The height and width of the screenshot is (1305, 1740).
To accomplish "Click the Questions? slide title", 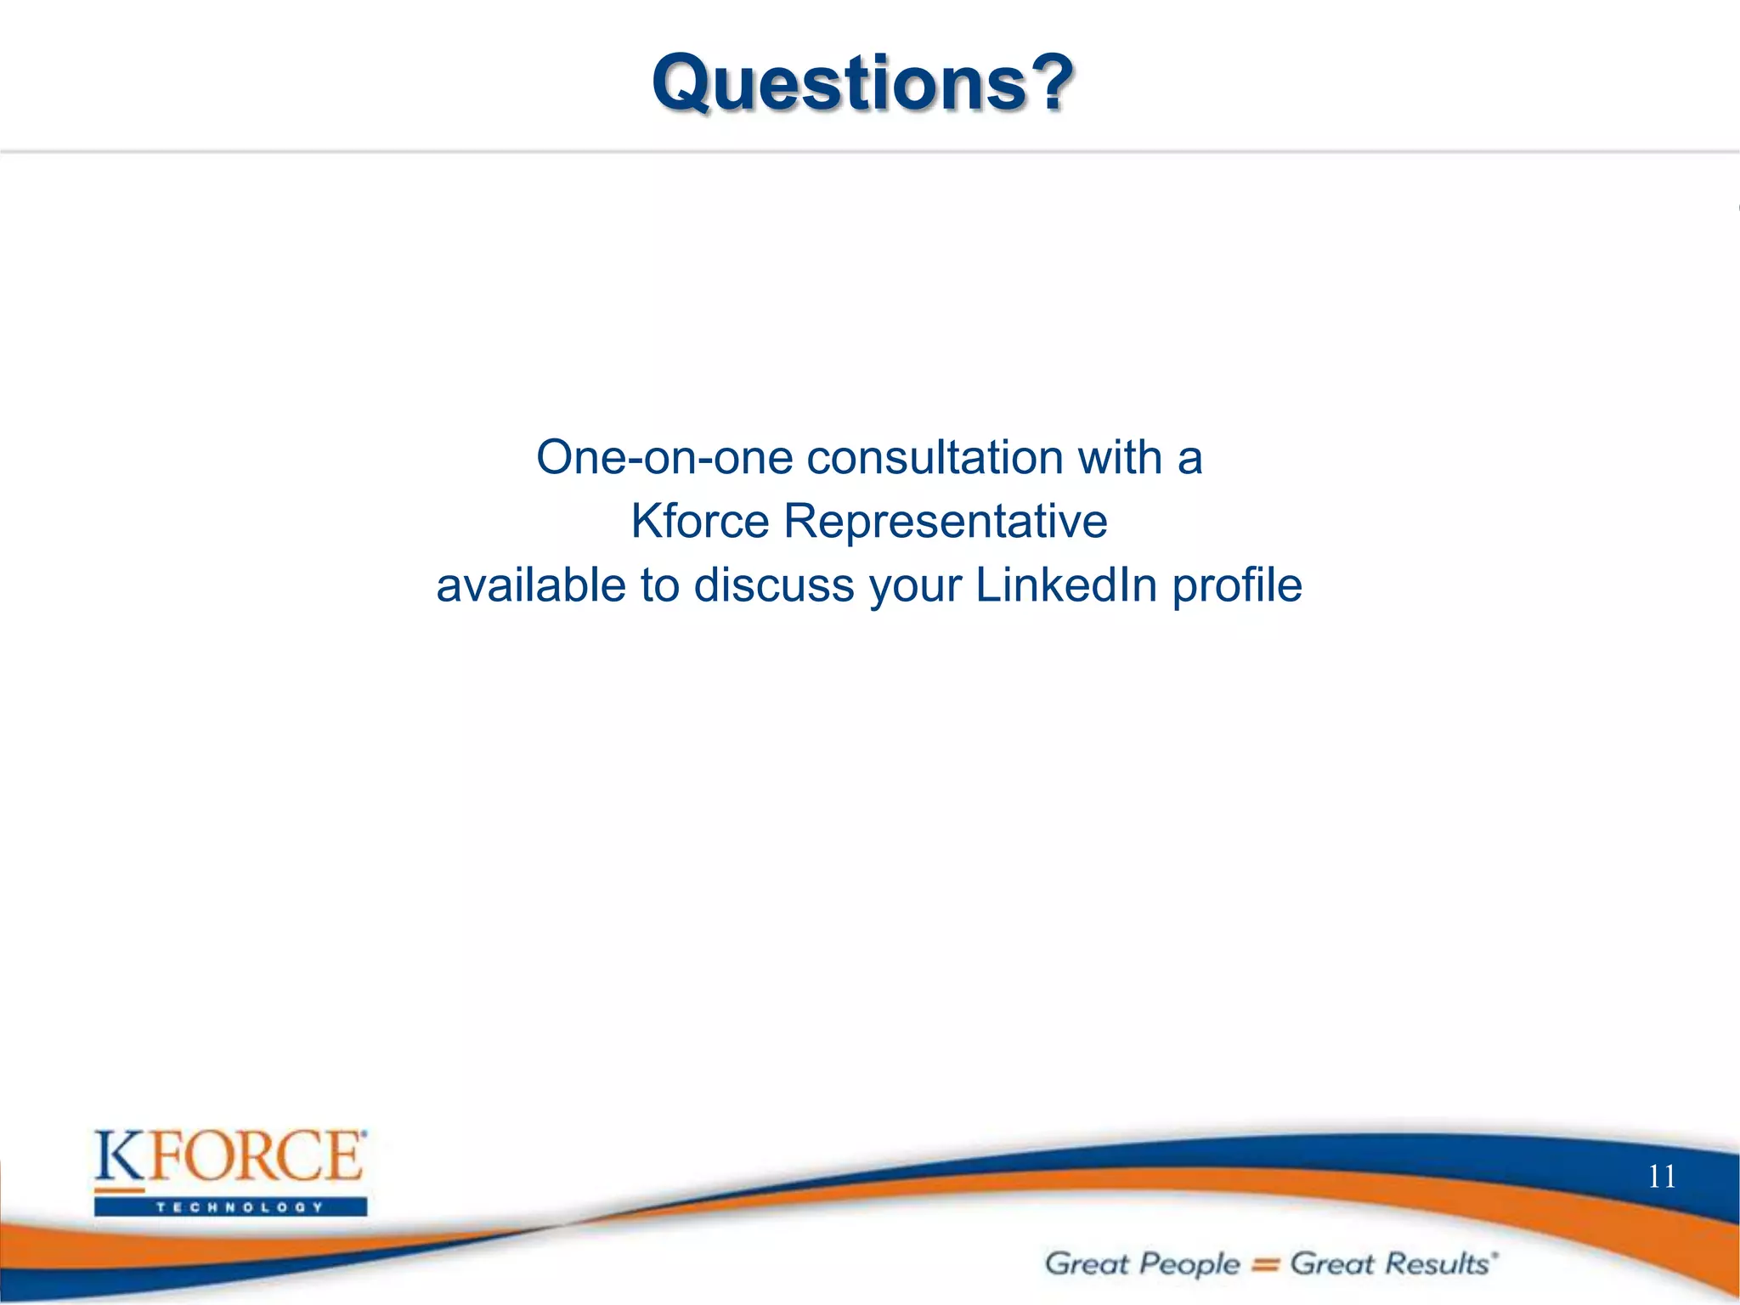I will click(862, 82).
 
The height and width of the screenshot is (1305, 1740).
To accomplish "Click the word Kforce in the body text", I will click(699, 521).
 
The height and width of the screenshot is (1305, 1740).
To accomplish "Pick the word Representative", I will click(945, 521).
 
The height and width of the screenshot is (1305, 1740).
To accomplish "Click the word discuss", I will click(773, 585).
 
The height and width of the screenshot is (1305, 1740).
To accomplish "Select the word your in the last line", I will click(915, 587).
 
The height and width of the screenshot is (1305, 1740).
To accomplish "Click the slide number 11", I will click(1661, 1177).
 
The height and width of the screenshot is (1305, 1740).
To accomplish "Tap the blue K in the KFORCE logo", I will click(120, 1157).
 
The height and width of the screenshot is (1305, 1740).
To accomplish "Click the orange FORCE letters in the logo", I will click(255, 1156).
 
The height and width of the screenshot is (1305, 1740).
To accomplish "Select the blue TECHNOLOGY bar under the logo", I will click(230, 1206).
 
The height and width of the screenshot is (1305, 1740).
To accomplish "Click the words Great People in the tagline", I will click(1141, 1263).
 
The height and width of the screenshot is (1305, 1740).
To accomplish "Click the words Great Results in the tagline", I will click(1389, 1263).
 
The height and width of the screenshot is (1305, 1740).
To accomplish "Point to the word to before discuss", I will click(659, 585).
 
